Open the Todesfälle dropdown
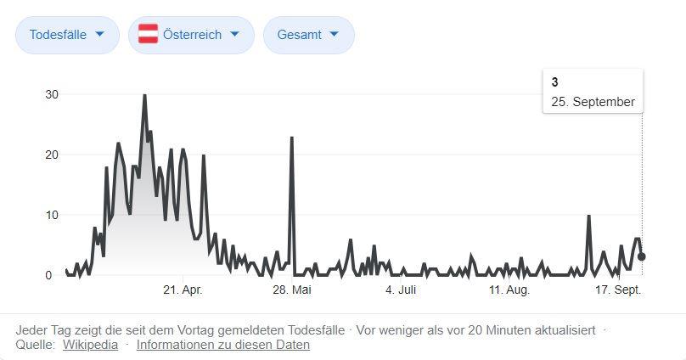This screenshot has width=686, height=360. point(67,35)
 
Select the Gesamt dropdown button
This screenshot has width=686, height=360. point(308,35)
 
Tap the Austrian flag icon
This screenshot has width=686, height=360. point(149,35)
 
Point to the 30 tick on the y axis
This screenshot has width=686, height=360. point(52,94)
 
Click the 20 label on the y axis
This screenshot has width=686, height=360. point(52,155)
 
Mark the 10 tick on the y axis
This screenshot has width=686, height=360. point(52,215)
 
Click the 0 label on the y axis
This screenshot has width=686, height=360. point(48,275)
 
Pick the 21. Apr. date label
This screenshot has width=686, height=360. point(183,290)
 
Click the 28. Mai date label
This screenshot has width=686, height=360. point(292,290)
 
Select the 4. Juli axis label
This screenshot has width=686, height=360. point(401,290)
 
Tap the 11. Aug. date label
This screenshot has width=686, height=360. point(509,290)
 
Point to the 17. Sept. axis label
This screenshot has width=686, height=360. point(618,290)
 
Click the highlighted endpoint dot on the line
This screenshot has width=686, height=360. point(642,256)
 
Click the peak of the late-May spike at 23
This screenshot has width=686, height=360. point(292,138)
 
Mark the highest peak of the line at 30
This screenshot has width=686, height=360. point(144,95)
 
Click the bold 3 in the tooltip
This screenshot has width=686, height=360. point(554,82)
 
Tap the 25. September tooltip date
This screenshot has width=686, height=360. point(593,102)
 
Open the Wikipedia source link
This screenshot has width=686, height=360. point(90,345)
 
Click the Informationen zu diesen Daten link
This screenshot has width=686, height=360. point(222,345)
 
